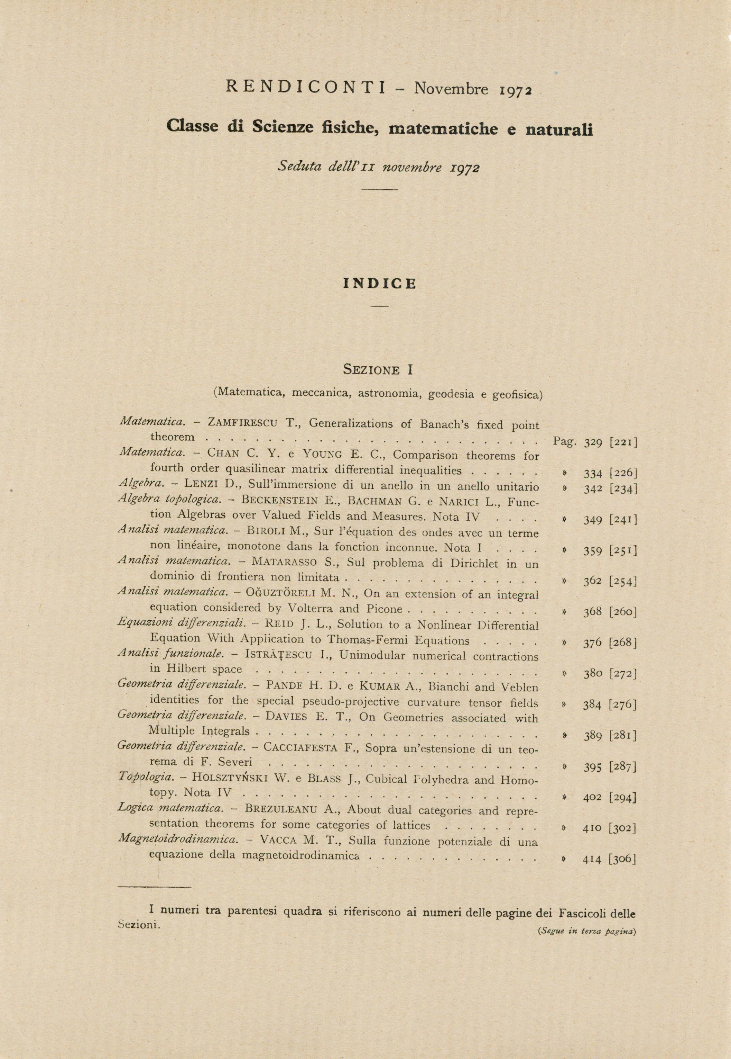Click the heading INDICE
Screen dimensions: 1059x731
(380, 284)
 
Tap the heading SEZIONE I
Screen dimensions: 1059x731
(378, 369)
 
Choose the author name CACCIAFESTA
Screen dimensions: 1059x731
(301, 748)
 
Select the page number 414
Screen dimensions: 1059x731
(592, 860)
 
